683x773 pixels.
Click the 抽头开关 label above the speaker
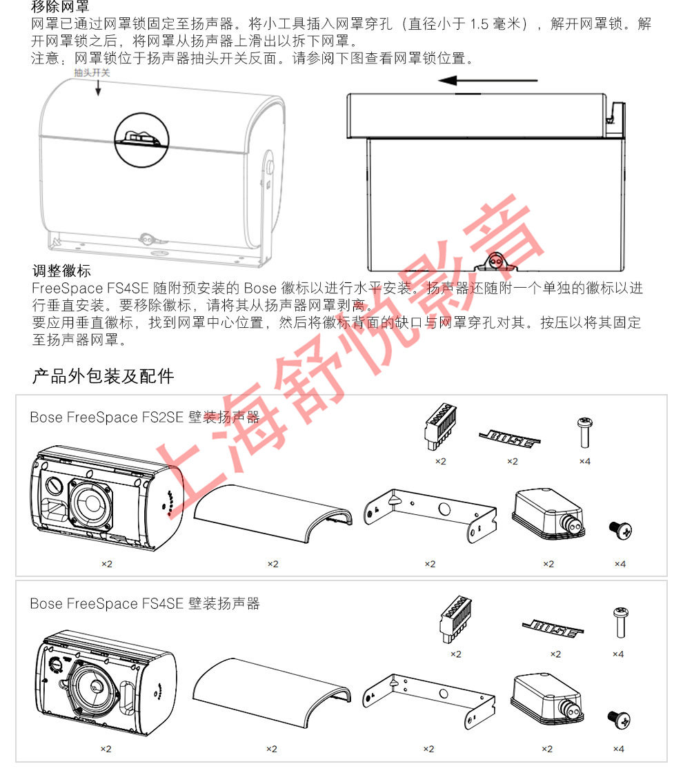click(92, 73)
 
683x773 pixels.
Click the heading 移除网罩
click(60, 6)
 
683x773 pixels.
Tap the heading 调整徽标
click(61, 271)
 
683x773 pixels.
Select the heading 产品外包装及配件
click(103, 376)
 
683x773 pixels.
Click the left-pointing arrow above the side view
click(488, 80)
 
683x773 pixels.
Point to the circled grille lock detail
click(142, 140)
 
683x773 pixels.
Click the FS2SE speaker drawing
click(106, 498)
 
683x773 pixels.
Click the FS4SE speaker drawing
click(106, 683)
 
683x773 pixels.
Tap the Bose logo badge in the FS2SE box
click(509, 438)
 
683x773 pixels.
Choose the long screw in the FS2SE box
click(584, 432)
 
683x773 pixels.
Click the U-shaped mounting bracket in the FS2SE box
click(430, 514)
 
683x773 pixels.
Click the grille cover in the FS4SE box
click(272, 692)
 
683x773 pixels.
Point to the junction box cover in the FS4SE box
click(547, 700)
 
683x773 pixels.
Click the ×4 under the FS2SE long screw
click(584, 462)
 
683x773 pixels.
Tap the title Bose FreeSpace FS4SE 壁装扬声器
click(145, 603)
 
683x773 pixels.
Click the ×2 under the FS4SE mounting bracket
click(428, 749)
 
